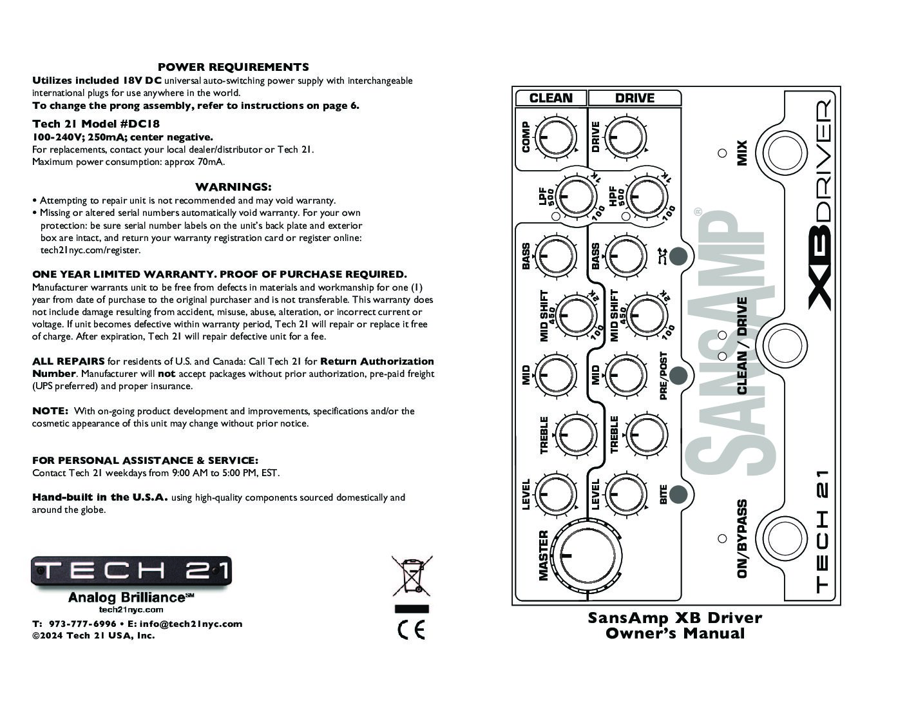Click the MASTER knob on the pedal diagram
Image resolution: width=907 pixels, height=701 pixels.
tap(586, 555)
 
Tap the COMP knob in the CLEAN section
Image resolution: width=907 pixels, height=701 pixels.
tap(555, 137)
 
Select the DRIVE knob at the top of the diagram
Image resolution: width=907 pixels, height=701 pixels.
tap(625, 137)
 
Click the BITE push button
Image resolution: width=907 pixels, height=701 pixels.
tap(678, 494)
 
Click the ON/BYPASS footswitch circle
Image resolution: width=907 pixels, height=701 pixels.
tap(785, 539)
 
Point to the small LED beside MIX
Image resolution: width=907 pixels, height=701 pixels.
tap(722, 153)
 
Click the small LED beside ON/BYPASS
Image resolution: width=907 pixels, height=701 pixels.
tap(722, 539)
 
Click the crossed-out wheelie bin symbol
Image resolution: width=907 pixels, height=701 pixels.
tap(412, 576)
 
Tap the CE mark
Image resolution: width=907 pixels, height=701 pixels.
tap(411, 630)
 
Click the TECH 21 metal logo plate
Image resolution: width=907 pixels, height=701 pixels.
tap(131, 571)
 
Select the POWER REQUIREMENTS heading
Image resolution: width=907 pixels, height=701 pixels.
tap(233, 67)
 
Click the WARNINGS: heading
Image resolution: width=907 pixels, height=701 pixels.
tap(233, 187)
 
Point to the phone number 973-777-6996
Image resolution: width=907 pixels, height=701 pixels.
tap(82, 624)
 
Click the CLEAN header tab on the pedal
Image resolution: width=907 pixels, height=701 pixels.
tap(551, 98)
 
